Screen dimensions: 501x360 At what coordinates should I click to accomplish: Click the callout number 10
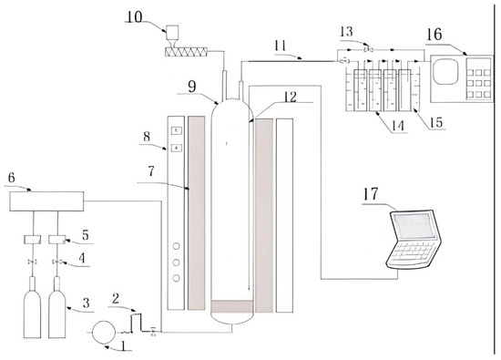pyautogui.click(x=135, y=17)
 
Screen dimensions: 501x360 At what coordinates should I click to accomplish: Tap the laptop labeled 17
pyautogui.click(x=414, y=239)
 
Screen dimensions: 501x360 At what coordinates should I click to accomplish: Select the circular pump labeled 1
pyautogui.click(x=104, y=333)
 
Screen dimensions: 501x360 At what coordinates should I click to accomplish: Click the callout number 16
pyautogui.click(x=435, y=35)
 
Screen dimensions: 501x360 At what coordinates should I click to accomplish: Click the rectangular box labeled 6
pyautogui.click(x=46, y=201)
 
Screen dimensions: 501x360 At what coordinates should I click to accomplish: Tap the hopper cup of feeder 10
pyautogui.click(x=172, y=33)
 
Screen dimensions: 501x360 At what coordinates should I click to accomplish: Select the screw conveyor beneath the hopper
pyautogui.click(x=187, y=52)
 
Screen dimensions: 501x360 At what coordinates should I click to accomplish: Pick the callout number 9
pyautogui.click(x=191, y=87)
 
